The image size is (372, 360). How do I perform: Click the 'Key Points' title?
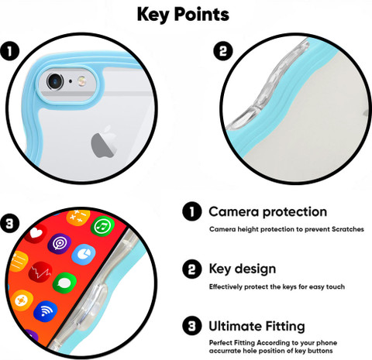(x=183, y=14)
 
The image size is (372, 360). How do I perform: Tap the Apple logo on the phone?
(x=104, y=142)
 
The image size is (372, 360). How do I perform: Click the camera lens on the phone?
(x=55, y=81)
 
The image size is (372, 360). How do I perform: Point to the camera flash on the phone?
(x=82, y=81)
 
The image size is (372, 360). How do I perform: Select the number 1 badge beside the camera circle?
(x=10, y=51)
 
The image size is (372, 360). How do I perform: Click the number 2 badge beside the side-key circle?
(x=223, y=51)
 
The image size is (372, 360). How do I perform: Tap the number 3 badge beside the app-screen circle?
(x=10, y=223)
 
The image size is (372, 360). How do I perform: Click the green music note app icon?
(x=102, y=226)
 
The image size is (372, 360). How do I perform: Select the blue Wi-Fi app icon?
(x=46, y=311)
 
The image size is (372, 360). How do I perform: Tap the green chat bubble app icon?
(x=64, y=283)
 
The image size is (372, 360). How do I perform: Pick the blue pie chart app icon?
(x=84, y=255)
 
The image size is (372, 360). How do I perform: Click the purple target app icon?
(x=60, y=244)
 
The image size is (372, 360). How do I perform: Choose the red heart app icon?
(x=36, y=233)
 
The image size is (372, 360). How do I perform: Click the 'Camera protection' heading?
(x=268, y=211)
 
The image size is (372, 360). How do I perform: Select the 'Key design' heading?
(x=243, y=269)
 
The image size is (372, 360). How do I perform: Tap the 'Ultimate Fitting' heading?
(x=257, y=326)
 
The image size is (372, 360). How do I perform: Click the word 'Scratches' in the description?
(x=348, y=229)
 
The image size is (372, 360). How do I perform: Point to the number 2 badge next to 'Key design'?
(x=192, y=269)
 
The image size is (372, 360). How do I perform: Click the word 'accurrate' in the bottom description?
(x=225, y=351)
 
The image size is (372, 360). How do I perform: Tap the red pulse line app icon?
(x=40, y=272)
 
